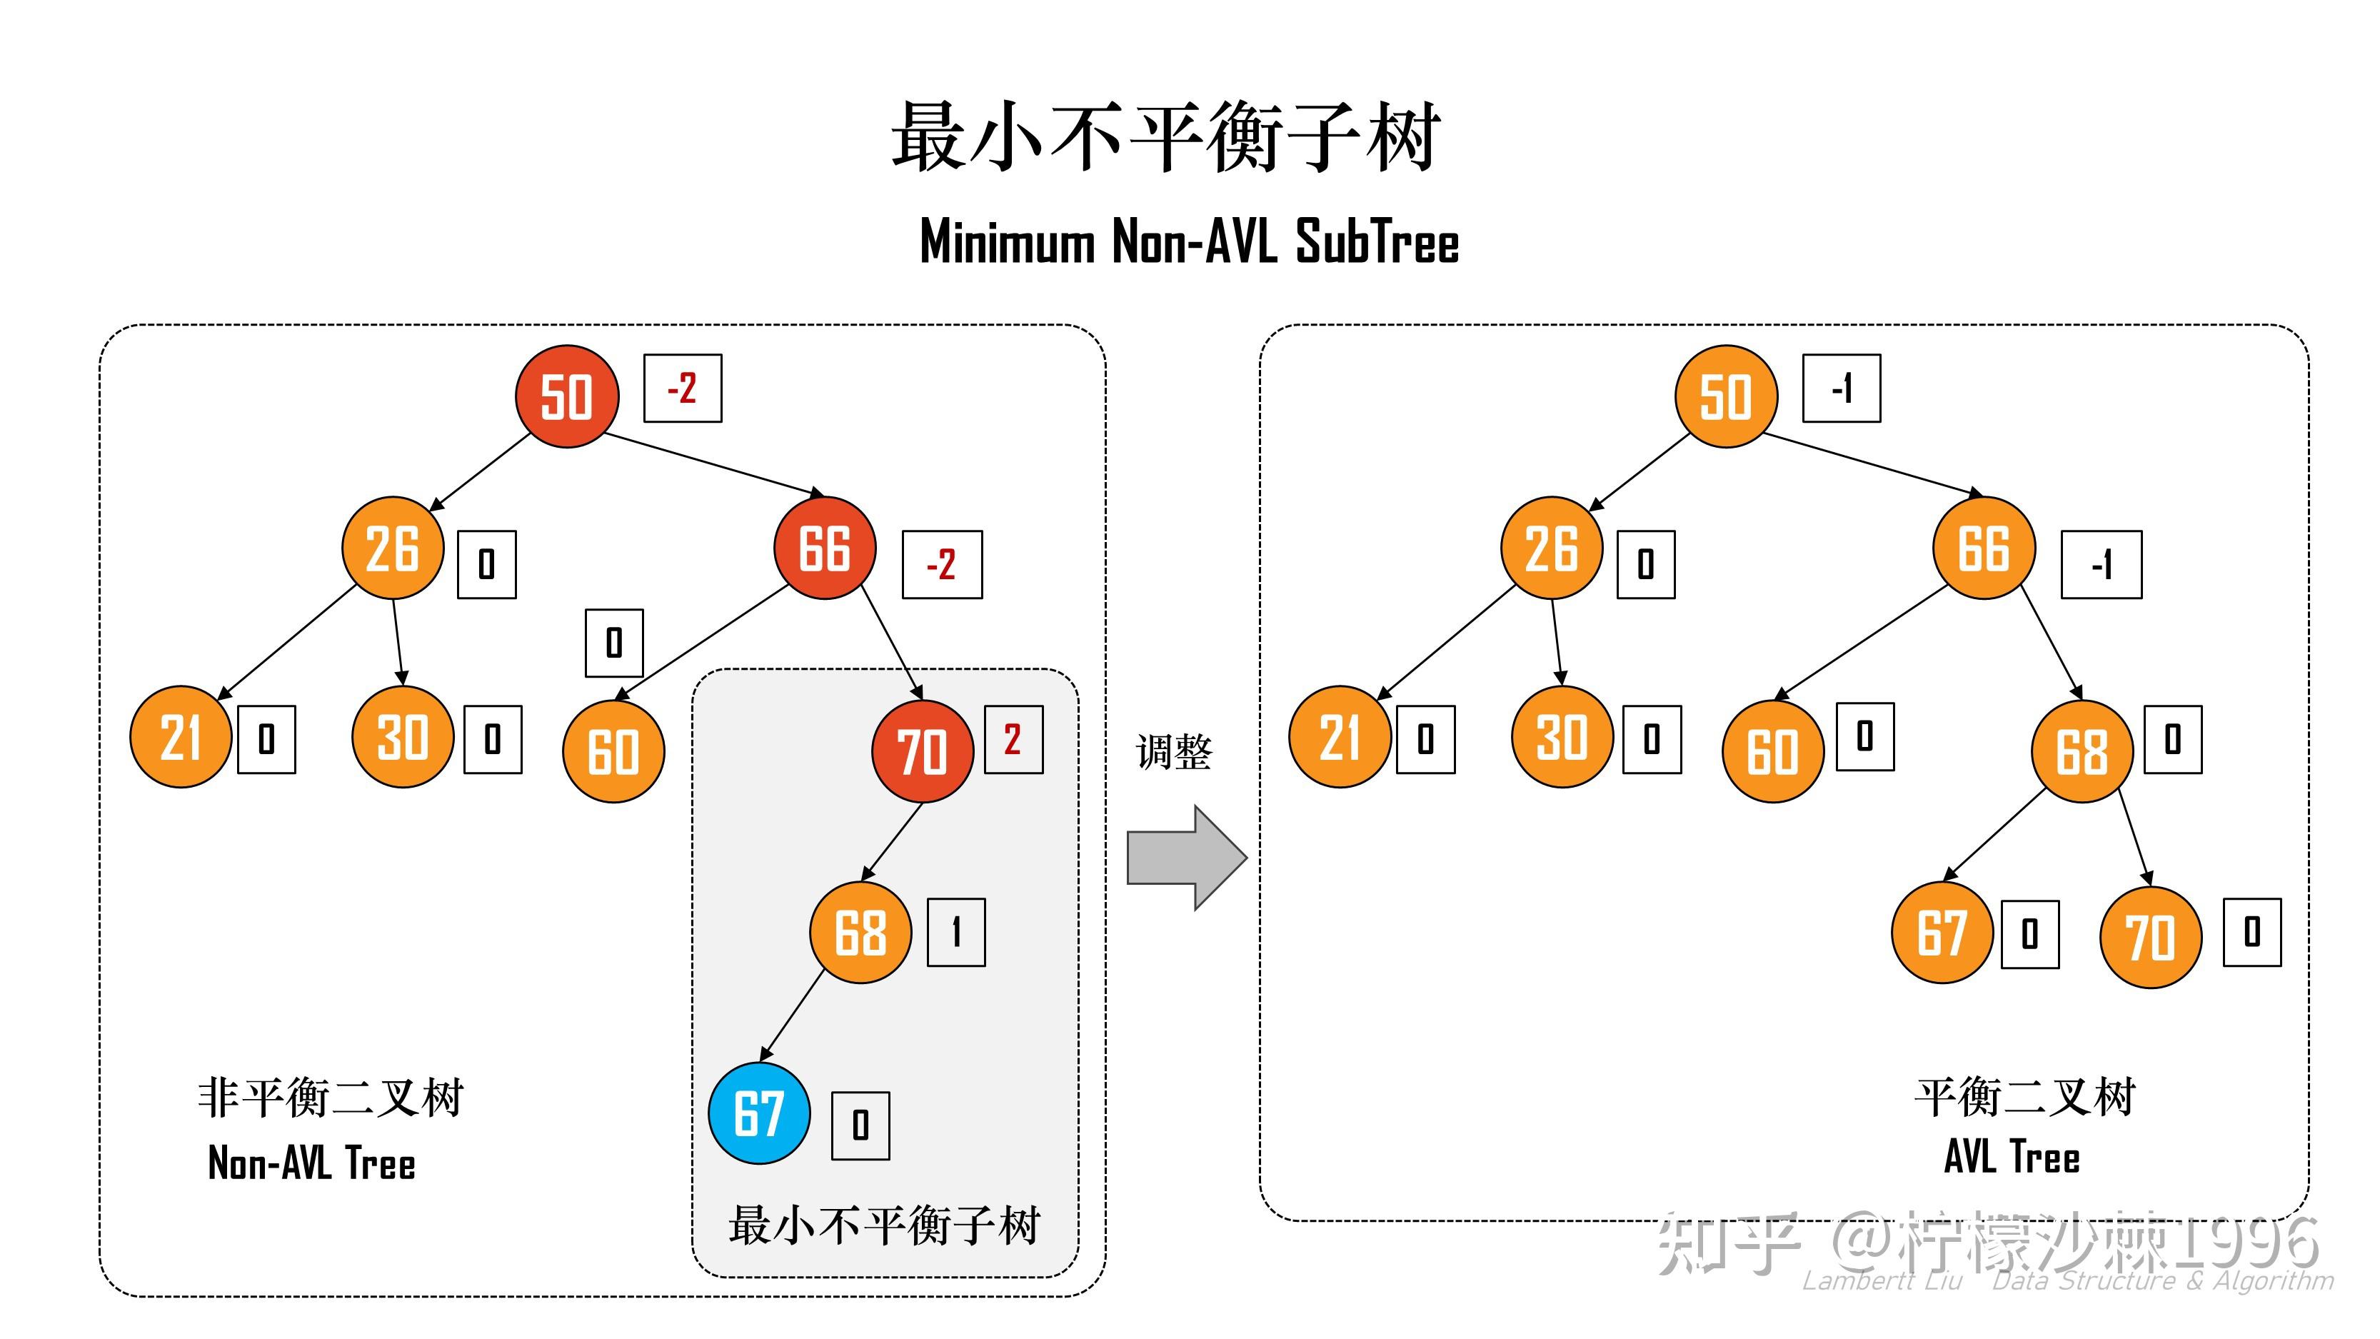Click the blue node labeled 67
pyautogui.click(x=758, y=1113)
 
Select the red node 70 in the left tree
pyautogui.click(x=922, y=751)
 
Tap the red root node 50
pyautogui.click(x=566, y=396)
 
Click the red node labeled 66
pyautogui.click(x=824, y=548)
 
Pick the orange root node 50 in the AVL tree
pyautogui.click(x=1725, y=396)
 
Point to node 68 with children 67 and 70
pyautogui.click(x=2082, y=751)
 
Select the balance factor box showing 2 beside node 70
pyautogui.click(x=1013, y=739)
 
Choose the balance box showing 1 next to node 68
pyautogui.click(x=955, y=933)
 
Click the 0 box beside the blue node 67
pyautogui.click(x=860, y=1125)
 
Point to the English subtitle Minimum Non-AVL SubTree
pyautogui.click(x=1189, y=242)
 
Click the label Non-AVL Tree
pyautogui.click(x=311, y=1163)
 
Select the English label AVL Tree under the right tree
pyautogui.click(x=2012, y=1157)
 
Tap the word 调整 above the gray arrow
pyautogui.click(x=1173, y=752)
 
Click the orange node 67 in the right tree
pyautogui.click(x=1941, y=933)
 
